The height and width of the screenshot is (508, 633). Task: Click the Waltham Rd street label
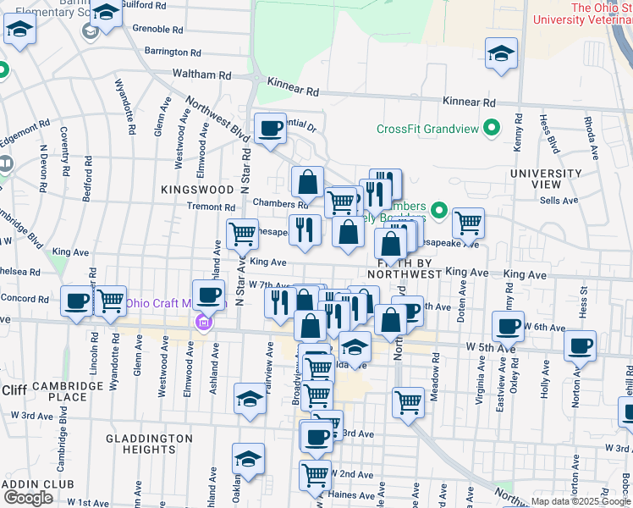tap(201, 75)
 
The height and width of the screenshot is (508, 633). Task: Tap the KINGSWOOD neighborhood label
tap(196, 190)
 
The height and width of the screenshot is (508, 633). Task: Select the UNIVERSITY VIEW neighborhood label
tap(546, 179)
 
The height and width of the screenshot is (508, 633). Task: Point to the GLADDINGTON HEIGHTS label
tap(149, 444)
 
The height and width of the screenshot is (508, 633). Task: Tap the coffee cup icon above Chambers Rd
tap(270, 130)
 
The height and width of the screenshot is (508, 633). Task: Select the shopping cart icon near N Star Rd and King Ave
tap(242, 233)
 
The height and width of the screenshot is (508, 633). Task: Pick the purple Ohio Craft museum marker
tap(202, 322)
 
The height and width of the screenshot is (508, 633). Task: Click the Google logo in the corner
tap(28, 498)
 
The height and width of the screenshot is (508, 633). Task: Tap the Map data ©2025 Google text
tap(580, 501)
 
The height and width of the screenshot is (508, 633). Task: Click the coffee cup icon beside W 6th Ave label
tap(508, 326)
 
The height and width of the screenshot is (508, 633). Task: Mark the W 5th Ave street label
tap(490, 347)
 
